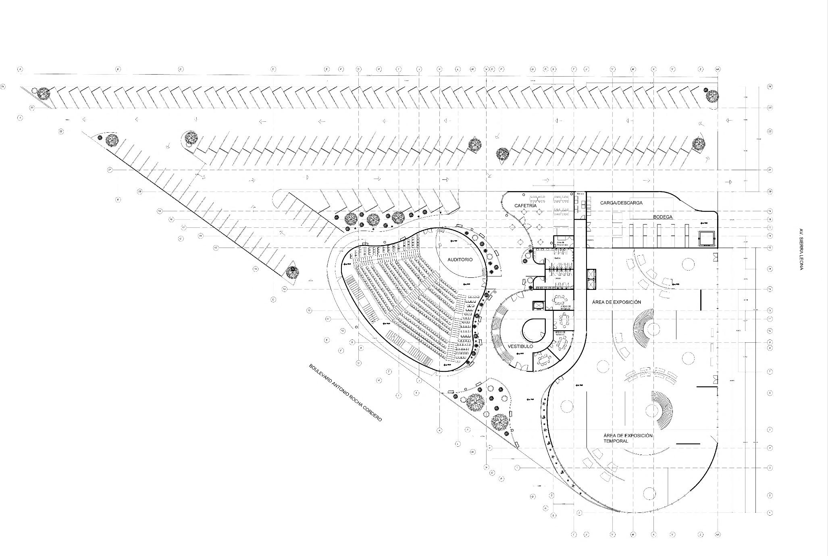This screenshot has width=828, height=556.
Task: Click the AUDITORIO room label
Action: (x=460, y=260)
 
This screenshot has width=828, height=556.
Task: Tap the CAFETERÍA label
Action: (x=525, y=206)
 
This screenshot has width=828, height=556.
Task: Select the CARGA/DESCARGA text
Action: (x=621, y=203)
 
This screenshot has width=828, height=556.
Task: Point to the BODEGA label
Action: (x=663, y=217)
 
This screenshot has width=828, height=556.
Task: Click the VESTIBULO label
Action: (x=520, y=346)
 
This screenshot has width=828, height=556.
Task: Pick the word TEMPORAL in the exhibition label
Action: (x=616, y=441)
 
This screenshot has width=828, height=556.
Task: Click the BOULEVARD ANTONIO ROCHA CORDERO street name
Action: (x=345, y=393)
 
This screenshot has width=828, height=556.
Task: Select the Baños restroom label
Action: (x=558, y=258)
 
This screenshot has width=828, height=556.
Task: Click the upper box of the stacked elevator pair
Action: (x=591, y=274)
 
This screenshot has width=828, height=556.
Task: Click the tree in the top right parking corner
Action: (x=712, y=97)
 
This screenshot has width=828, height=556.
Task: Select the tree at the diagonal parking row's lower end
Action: (x=292, y=272)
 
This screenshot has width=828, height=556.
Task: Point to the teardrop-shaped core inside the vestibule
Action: (x=534, y=330)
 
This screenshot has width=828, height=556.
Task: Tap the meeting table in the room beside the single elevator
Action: (x=559, y=300)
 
